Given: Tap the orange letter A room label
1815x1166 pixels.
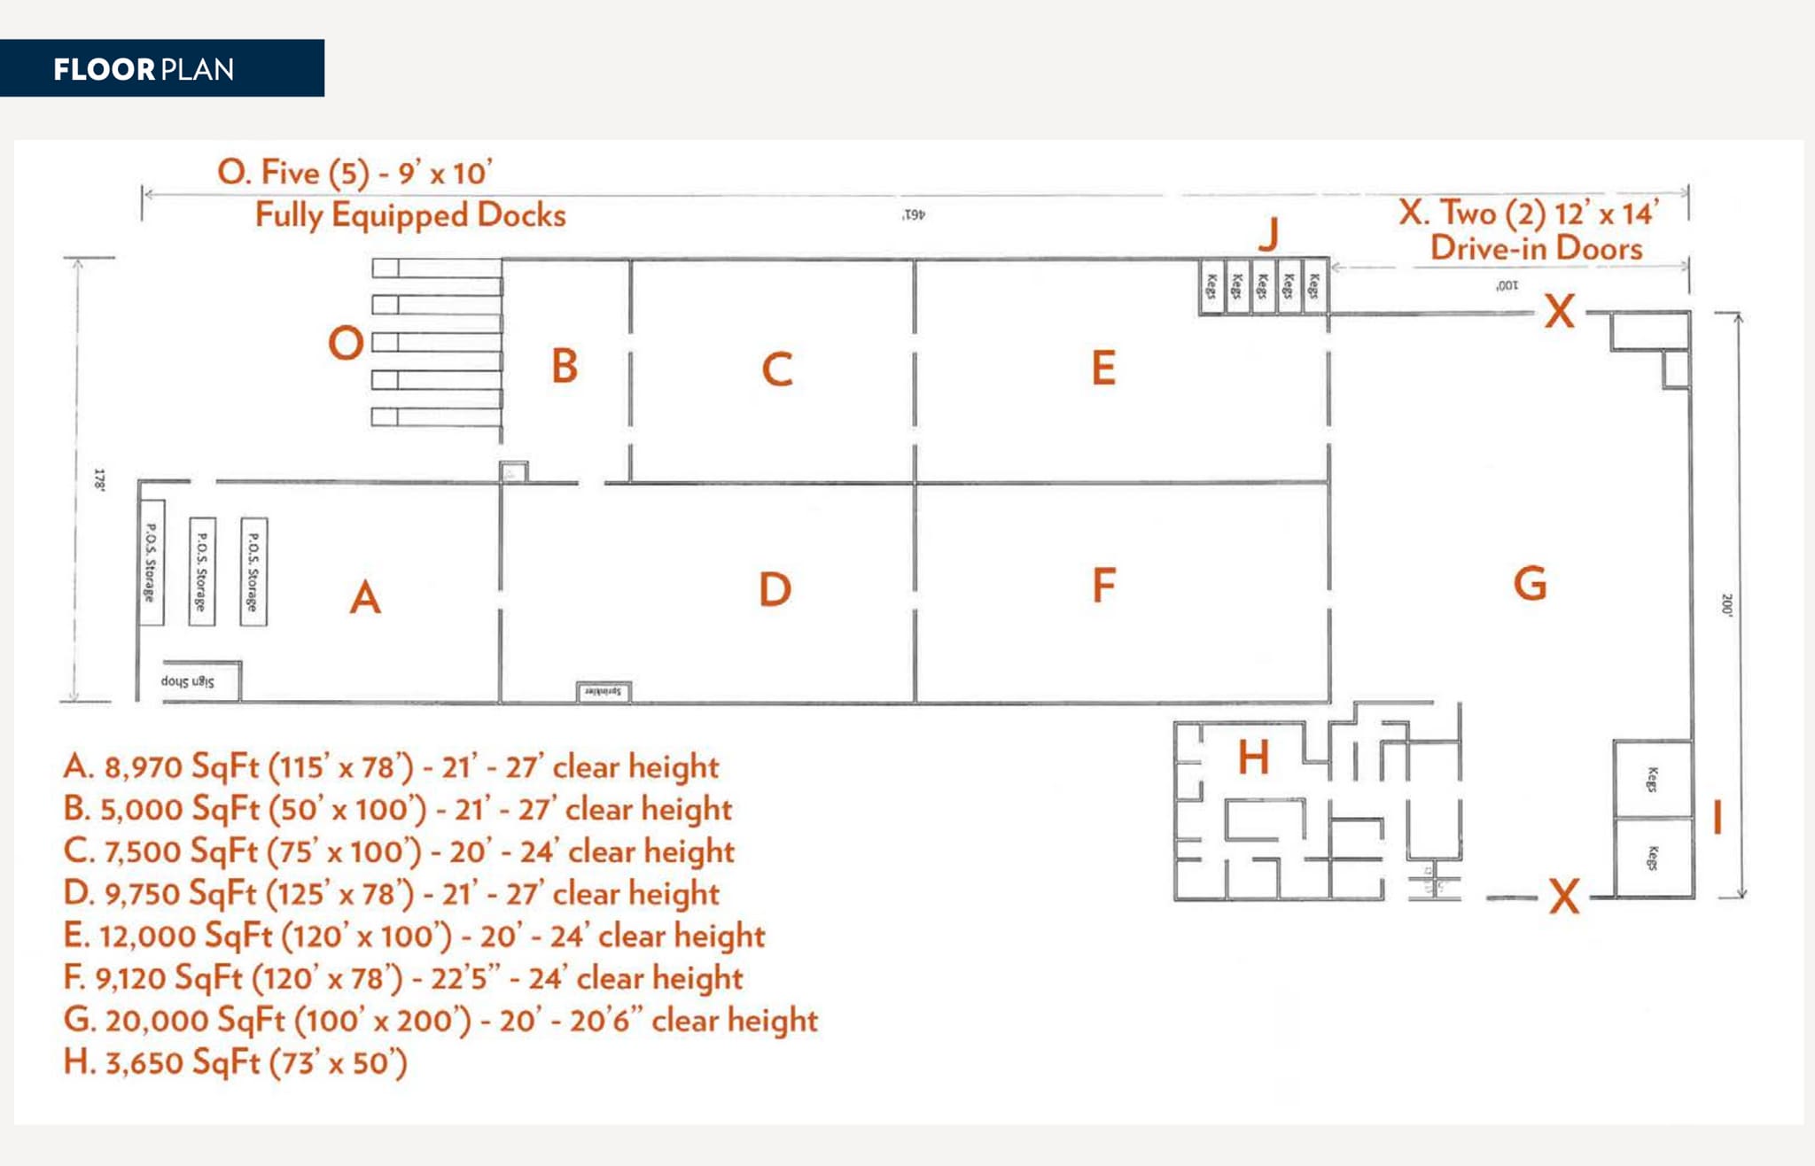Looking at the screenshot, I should pos(365,597).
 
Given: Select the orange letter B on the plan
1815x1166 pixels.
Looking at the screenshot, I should pos(565,366).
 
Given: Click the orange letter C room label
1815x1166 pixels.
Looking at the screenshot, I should pos(777,369).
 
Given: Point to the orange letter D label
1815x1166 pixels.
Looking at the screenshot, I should pos(775,589).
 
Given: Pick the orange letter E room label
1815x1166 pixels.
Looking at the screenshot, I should pos(1103,368).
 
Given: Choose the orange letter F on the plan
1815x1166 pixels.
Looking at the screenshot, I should pos(1103,586).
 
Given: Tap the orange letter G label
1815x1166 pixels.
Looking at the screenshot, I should pos(1530,584).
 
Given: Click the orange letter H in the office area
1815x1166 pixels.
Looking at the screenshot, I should pos(1253,758).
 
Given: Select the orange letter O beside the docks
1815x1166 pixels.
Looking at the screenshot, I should pos(346,343).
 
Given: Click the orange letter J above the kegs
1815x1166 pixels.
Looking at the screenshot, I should pos(1269,234).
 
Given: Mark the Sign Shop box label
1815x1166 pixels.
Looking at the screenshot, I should pos(188,681).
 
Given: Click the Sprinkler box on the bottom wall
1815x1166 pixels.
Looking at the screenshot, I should pos(604,691).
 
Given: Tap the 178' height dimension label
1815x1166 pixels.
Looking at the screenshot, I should pos(100,480).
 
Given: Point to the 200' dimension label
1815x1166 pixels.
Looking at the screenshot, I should pos(1725,605).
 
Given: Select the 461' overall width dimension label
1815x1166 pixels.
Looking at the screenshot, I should pos(914,214).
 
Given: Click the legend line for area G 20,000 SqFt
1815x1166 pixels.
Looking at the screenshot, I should pos(440,1020).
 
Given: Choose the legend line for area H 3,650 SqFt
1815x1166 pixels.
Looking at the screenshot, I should pos(236,1061).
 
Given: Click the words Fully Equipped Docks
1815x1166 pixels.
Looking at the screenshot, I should pos(410,215).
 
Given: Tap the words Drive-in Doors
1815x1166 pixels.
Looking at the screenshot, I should pos(1536,248).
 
